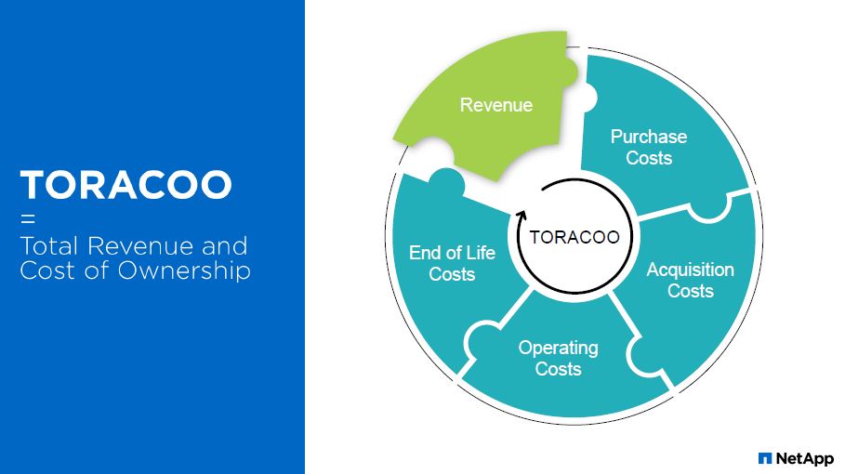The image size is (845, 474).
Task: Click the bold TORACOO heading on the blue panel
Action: [126, 185]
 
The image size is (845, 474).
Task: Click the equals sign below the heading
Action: [28, 218]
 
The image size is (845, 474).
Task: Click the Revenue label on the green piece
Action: [496, 104]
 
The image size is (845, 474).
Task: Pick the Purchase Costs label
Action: [649, 147]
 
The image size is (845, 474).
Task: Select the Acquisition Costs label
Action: [691, 280]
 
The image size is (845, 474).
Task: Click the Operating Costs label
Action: [559, 358]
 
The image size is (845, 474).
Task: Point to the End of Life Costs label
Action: [452, 263]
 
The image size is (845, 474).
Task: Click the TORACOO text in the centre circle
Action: [574, 237]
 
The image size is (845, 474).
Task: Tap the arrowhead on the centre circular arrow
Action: [522, 215]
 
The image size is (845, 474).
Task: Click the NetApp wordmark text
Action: [805, 458]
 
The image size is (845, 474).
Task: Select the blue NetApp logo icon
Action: [765, 458]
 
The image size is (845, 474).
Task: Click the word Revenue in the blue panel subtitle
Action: [140, 246]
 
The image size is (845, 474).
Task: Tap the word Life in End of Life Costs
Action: [481, 252]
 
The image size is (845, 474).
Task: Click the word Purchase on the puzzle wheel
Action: [649, 137]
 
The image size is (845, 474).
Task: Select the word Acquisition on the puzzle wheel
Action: [691, 270]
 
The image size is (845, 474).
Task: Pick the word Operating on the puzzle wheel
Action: [559, 348]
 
